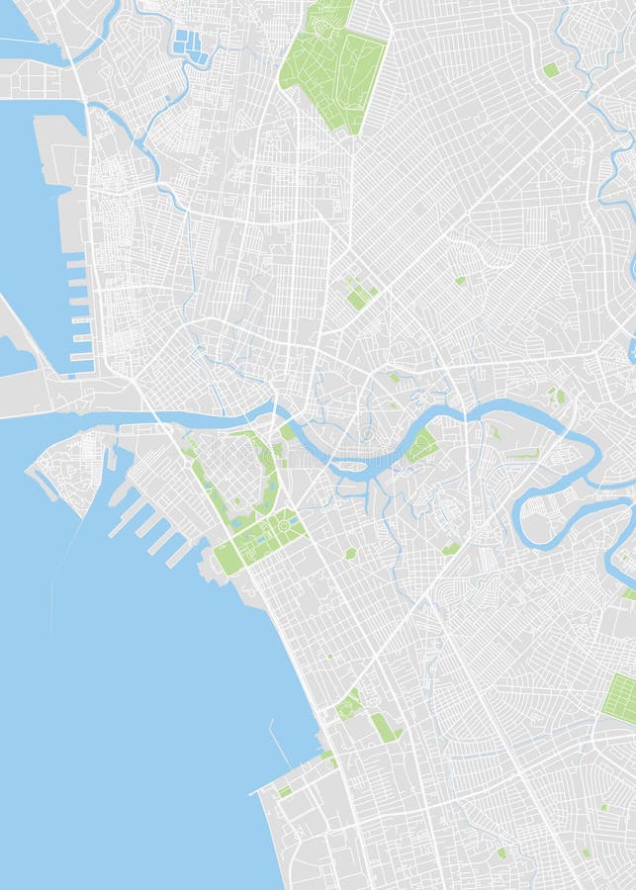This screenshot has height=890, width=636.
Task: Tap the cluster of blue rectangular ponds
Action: [190, 46]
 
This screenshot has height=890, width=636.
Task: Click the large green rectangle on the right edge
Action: [621, 698]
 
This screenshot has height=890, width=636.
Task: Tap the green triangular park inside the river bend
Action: [422, 446]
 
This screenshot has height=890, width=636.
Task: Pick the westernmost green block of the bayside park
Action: [228, 559]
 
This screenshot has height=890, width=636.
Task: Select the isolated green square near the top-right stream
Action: [551, 70]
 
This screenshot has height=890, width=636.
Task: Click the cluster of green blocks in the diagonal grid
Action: [359, 294]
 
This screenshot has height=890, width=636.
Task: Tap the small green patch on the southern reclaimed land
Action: [285, 791]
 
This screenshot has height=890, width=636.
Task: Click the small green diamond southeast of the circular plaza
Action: [350, 553]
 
